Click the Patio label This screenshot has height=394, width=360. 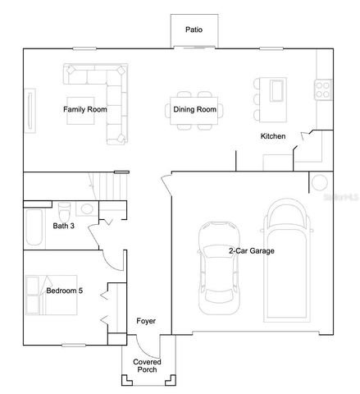point(194,30)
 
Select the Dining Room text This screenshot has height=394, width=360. point(194,108)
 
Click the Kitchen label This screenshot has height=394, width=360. point(272,136)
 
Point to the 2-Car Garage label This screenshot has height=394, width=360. point(250,251)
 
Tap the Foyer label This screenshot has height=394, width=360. point(145,321)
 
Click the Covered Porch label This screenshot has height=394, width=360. point(148,366)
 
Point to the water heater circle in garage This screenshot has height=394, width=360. point(319,182)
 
